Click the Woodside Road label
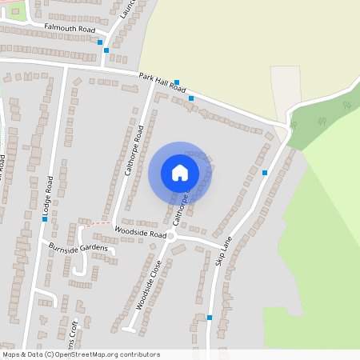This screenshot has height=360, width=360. tap(140, 232)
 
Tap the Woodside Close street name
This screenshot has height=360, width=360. tap(147, 286)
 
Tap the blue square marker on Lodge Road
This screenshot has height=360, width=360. tap(45, 218)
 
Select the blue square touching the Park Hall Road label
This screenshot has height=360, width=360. tap(176, 82)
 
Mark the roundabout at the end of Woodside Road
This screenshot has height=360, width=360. tap(171, 238)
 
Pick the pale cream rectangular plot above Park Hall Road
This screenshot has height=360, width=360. tap(285, 91)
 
